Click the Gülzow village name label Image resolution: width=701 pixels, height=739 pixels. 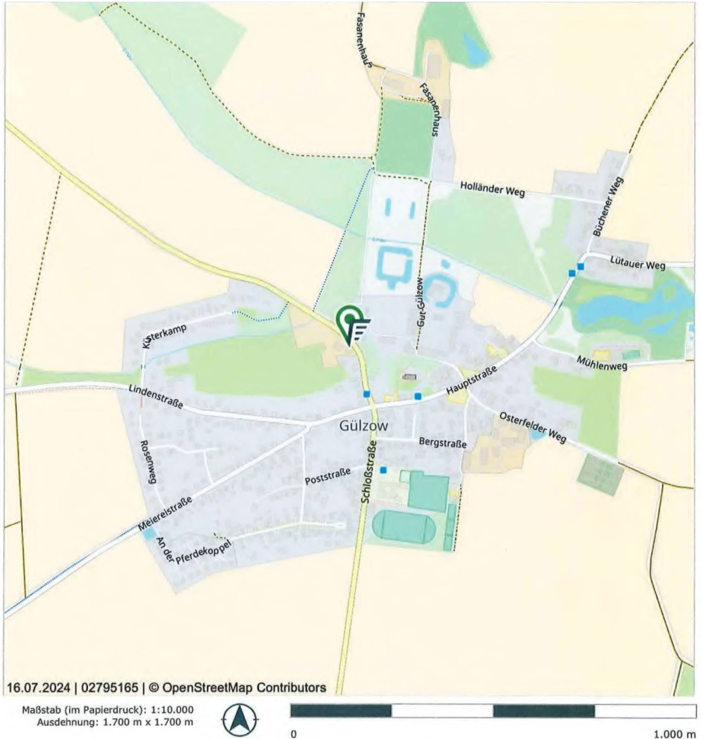364,426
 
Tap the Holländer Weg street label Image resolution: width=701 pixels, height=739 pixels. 492,189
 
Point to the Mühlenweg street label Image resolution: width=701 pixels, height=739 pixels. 602,363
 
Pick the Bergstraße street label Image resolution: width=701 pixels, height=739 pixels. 443,443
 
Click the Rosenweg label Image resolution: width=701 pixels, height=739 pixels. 148,461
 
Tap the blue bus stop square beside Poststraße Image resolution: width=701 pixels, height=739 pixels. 383,470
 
